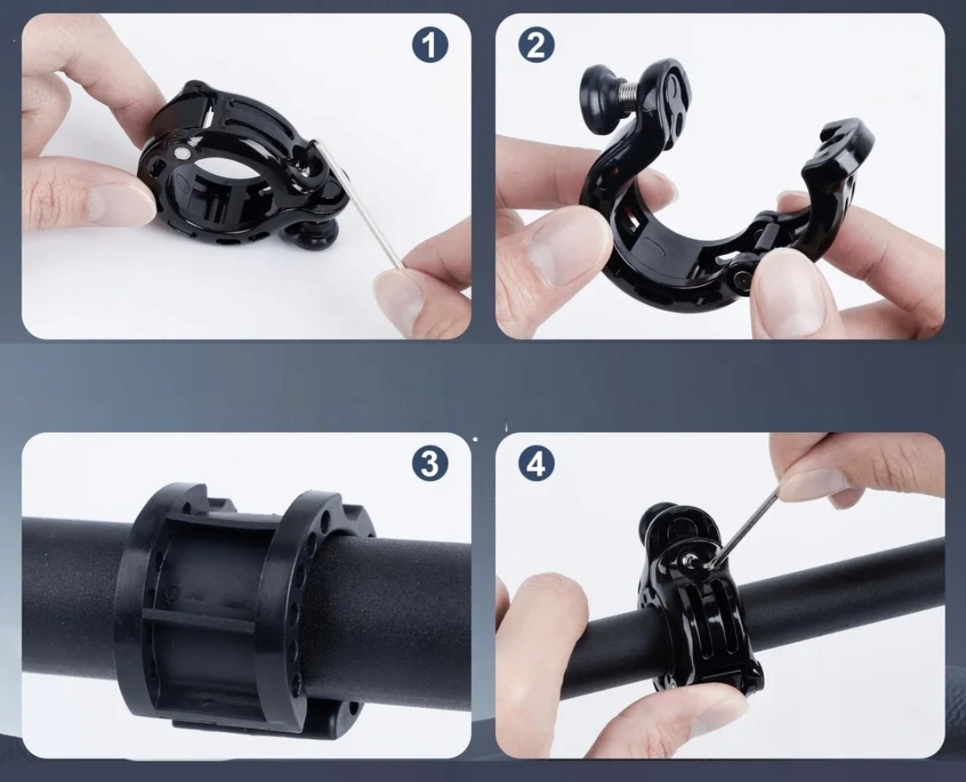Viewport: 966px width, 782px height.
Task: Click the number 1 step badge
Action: (430, 45)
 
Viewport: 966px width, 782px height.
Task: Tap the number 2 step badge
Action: (536, 45)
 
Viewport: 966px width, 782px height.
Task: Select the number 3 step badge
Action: (430, 463)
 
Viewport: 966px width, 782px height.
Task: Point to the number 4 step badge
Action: (536, 463)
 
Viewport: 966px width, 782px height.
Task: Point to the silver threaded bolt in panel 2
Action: (634, 93)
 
